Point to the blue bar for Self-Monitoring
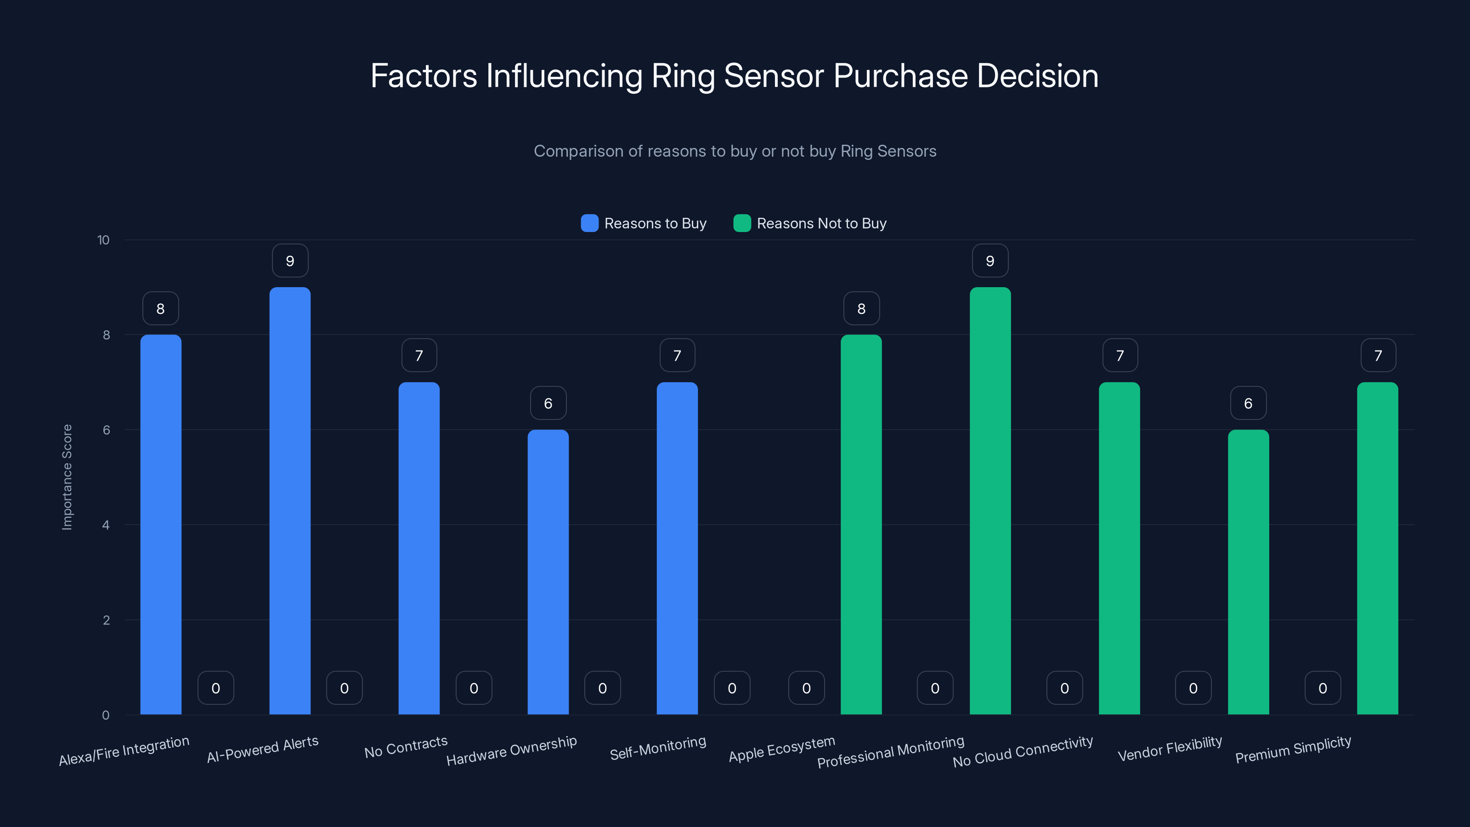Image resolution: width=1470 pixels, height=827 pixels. (x=677, y=548)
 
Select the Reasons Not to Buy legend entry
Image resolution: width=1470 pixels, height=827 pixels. (x=810, y=223)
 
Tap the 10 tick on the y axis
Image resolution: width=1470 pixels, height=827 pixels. (x=103, y=240)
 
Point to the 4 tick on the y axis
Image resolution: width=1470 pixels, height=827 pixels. (x=106, y=525)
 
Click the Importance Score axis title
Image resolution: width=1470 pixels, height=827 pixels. (x=68, y=477)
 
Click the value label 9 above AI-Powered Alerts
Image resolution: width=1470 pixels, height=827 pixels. (x=290, y=261)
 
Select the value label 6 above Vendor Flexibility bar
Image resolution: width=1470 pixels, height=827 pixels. (x=1248, y=403)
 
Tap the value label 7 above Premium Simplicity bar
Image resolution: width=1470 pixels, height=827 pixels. (x=1378, y=356)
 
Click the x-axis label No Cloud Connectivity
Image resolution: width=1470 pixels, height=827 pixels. (x=1023, y=751)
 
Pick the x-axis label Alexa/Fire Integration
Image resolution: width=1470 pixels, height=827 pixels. (x=124, y=751)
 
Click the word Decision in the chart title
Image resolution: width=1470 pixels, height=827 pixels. (x=1037, y=76)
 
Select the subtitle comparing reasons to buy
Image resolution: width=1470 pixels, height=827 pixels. (x=735, y=151)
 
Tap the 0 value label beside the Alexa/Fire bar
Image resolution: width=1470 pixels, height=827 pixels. (x=216, y=688)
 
